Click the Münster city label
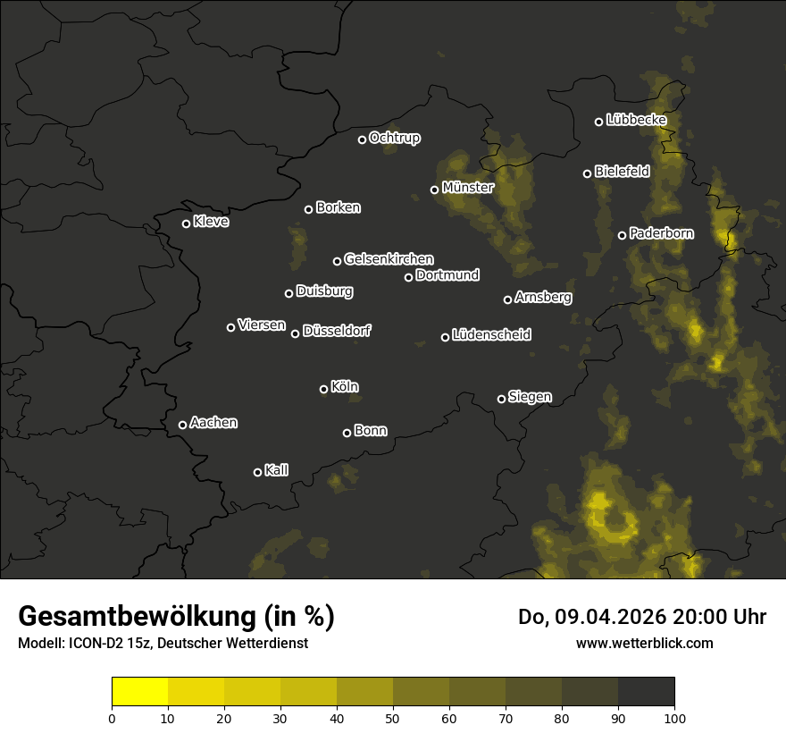click(467, 188)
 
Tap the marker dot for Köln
click(323, 389)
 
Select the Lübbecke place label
click(636, 120)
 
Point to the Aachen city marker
click(182, 425)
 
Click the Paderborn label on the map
click(661, 233)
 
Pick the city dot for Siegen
click(501, 399)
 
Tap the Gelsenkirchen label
click(389, 259)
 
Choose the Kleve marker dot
click(186, 223)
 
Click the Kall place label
click(276, 470)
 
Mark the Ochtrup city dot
click(362, 139)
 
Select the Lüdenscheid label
click(491, 335)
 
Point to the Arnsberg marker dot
click(507, 299)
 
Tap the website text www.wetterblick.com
click(645, 643)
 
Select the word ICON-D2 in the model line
click(90, 644)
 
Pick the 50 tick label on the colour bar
click(393, 717)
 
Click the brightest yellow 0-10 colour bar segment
click(140, 692)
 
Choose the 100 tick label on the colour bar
click(674, 717)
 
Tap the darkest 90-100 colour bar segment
click(646, 692)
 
